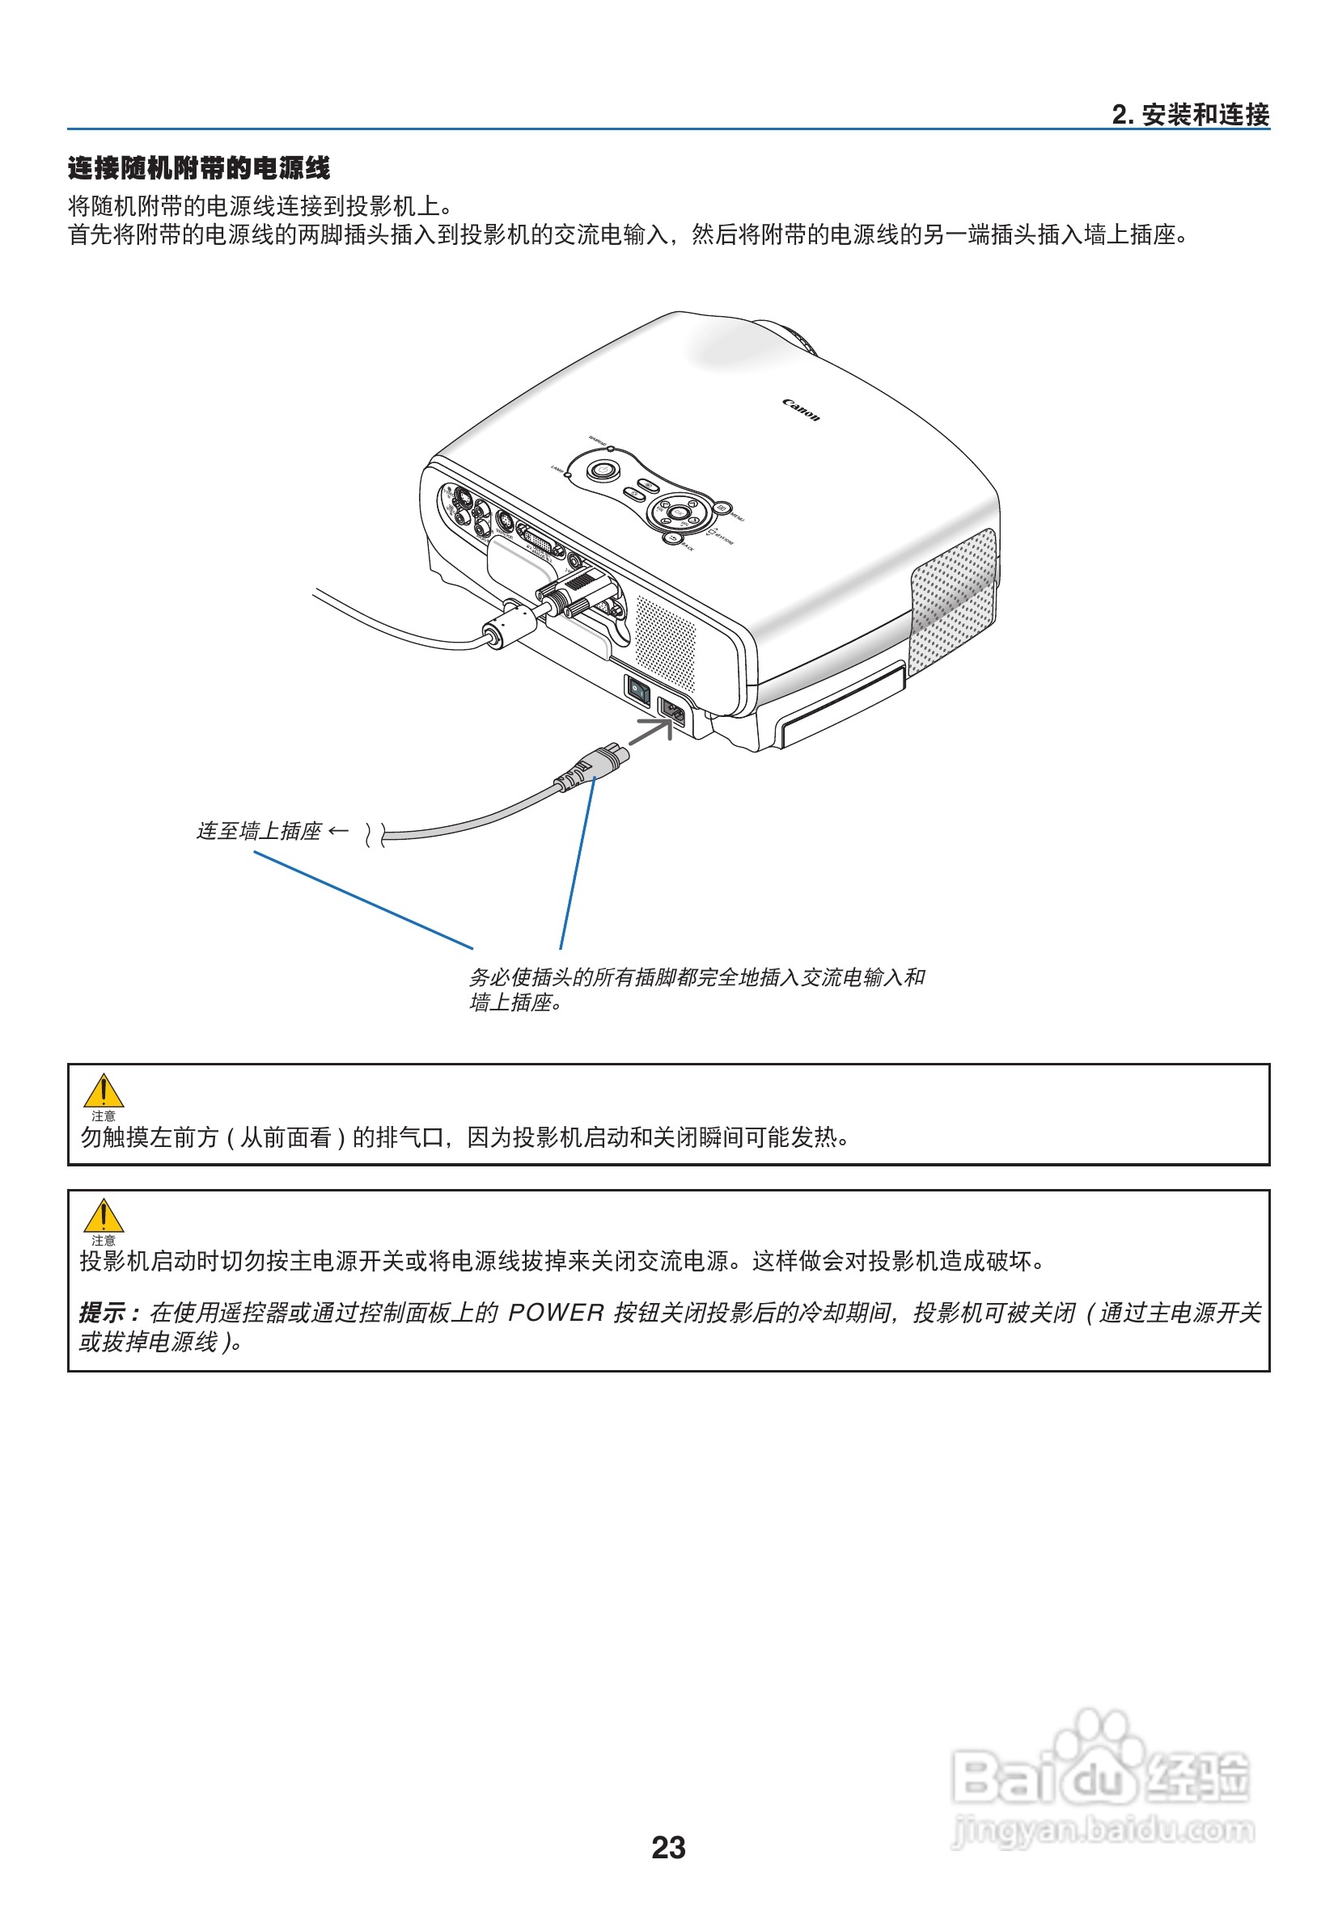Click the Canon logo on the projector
[x=801, y=410]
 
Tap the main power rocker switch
[x=637, y=690]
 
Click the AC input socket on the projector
[x=673, y=711]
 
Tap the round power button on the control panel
[x=602, y=470]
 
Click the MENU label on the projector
[x=737, y=518]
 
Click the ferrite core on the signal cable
[x=509, y=625]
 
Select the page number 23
[x=667, y=1847]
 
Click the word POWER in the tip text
[x=556, y=1313]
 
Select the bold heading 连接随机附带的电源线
[x=198, y=168]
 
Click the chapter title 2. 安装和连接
[x=1189, y=115]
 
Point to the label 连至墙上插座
[x=258, y=831]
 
